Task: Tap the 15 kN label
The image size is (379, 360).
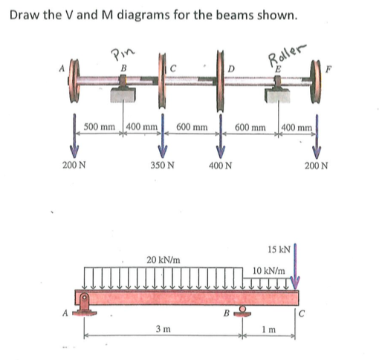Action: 279,248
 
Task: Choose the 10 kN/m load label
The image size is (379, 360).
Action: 269,272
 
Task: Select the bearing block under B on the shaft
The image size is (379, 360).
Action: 121,95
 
